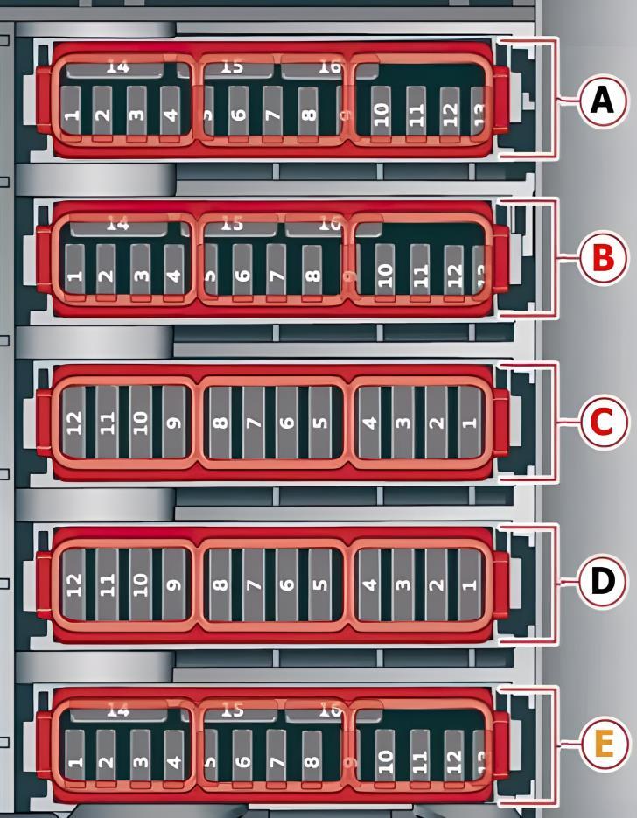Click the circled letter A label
coord(602,101)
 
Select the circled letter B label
coord(602,258)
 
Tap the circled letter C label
coord(602,422)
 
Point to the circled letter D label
coord(602,580)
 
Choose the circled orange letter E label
coord(602,745)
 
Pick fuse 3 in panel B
coord(141,274)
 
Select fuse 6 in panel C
coord(287,423)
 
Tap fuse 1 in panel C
coord(471,423)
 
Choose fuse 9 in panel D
coord(174,582)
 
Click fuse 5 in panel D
coord(320,582)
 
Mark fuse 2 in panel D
coord(437,582)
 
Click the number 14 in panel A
coord(116,66)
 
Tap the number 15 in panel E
coord(231,710)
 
